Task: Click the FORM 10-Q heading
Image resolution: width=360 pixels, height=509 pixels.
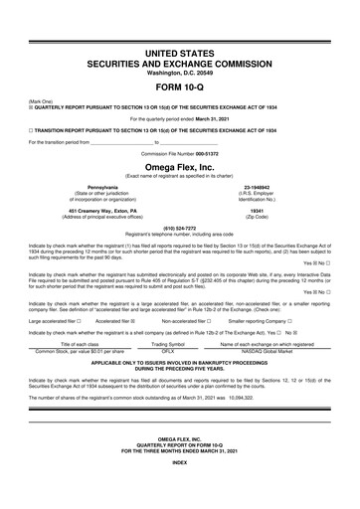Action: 179,85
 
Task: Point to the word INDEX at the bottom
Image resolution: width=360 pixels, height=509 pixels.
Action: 179,490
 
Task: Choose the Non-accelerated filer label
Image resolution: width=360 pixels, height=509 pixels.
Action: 186,321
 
